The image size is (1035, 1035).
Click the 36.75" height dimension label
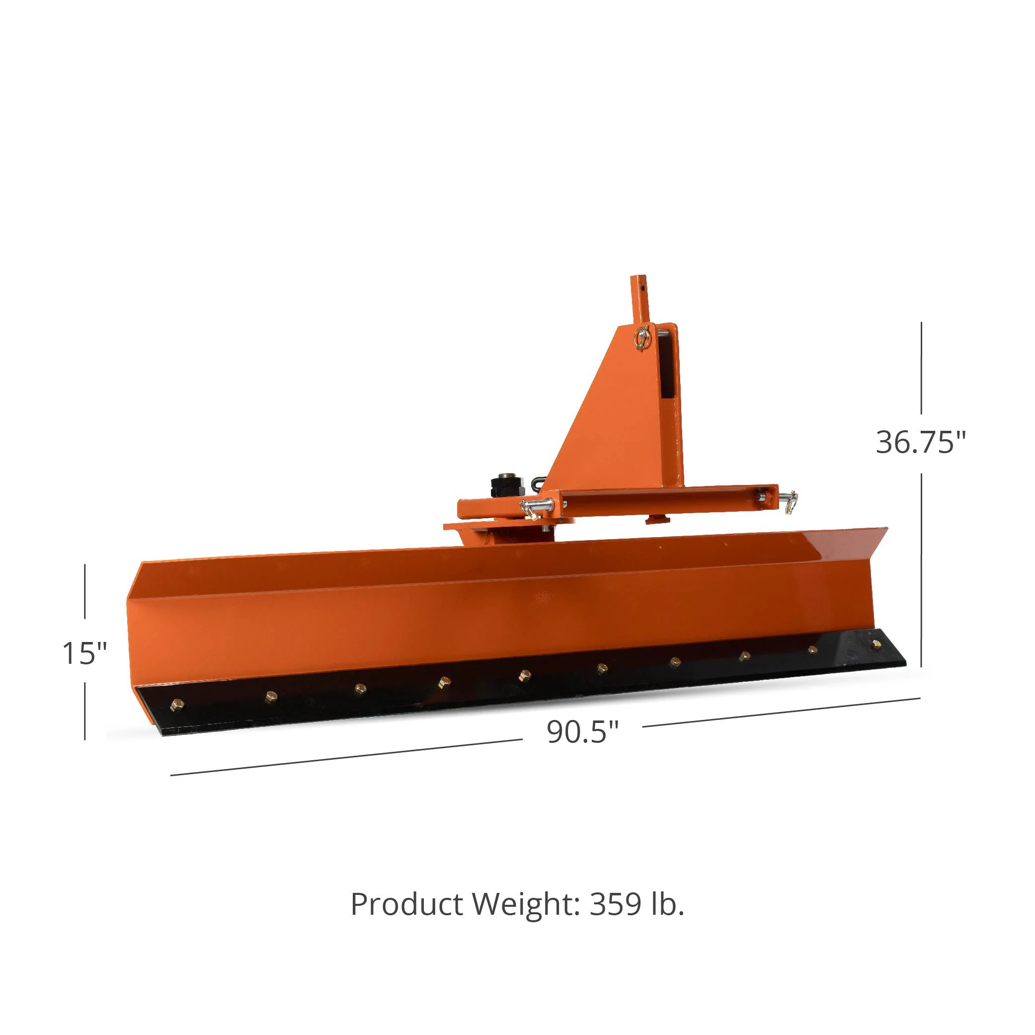(920, 443)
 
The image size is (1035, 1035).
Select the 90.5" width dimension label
(582, 732)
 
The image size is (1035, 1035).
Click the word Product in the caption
(406, 905)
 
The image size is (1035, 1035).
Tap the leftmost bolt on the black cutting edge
(176, 705)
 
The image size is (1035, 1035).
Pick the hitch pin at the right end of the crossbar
(786, 501)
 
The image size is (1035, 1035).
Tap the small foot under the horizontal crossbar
(657, 518)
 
